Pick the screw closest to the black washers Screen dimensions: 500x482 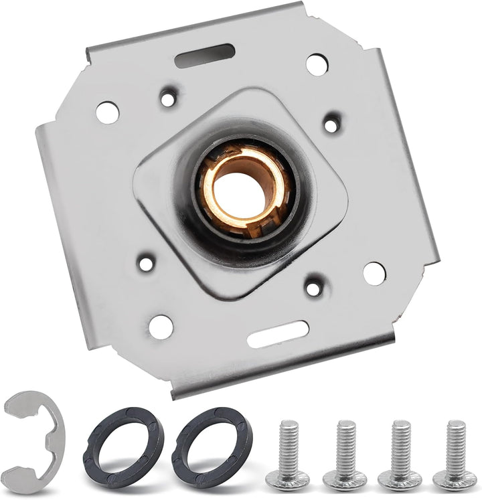coord(286,455)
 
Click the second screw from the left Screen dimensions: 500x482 coord(345,455)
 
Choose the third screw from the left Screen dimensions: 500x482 coord(400,455)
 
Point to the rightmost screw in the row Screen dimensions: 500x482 coord(455,455)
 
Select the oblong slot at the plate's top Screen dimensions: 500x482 coord(204,56)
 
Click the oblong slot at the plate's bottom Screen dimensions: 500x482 coord(278,334)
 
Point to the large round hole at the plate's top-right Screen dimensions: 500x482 coord(317,64)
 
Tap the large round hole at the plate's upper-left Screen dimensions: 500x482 coord(107,112)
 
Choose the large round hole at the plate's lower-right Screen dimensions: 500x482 coord(374,272)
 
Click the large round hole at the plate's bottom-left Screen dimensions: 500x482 coord(161,327)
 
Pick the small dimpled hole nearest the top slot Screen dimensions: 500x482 coord(168,99)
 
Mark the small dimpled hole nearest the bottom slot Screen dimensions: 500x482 coord(313,287)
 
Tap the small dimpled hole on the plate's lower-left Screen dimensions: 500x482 coord(146,263)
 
